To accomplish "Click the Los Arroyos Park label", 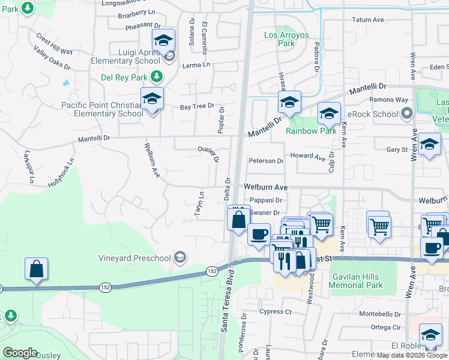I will click(x=286, y=39).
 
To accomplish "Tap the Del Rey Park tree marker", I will click(x=156, y=76).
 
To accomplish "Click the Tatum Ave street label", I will click(x=368, y=20).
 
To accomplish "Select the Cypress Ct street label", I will click(x=276, y=312).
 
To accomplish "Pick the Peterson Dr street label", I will click(x=266, y=161).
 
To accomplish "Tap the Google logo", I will click(x=20, y=353).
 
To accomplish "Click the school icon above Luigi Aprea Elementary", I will click(x=163, y=41).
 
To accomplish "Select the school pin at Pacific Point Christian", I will click(x=152, y=99).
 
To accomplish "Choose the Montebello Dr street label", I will click(x=380, y=314).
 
